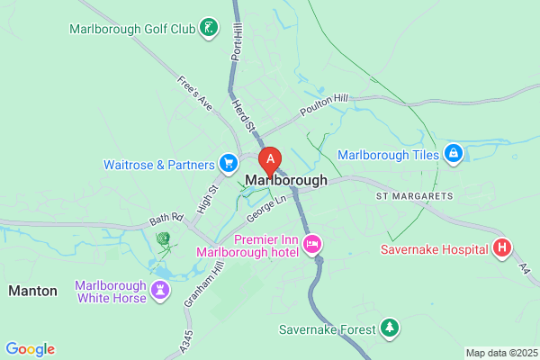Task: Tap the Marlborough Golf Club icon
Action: pos(209,28)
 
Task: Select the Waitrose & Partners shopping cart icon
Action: pos(229,164)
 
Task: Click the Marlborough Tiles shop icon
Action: pos(453,155)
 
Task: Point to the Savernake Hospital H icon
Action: pos(503,248)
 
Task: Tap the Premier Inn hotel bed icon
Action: pos(313,244)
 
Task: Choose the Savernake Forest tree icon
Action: pos(389,328)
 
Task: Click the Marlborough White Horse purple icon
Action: pos(160,290)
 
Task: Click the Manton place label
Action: pos(32,291)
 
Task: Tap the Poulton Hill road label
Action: pos(324,106)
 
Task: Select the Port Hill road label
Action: pos(238,41)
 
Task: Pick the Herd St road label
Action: pos(243,114)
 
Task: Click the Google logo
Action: pos(30,349)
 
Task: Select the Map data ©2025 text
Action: pos(501,353)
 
